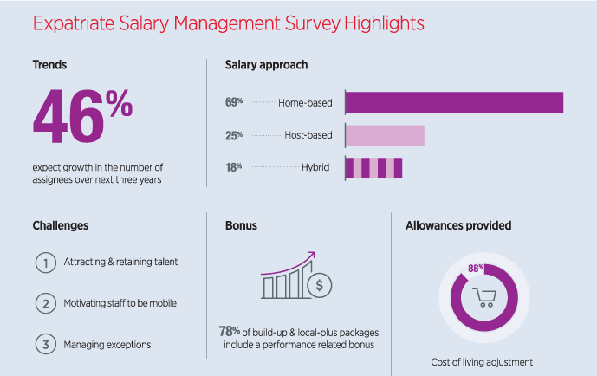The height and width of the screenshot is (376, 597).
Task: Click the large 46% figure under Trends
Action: coord(82,118)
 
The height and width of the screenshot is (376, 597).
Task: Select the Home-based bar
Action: coord(454,102)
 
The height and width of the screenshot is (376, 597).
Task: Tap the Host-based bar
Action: coord(385,135)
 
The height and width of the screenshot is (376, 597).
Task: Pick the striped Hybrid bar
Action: coord(373,167)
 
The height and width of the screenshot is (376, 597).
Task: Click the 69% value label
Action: coord(233,102)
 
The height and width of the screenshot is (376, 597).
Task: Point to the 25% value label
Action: coord(233,135)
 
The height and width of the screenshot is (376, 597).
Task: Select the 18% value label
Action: coord(233,167)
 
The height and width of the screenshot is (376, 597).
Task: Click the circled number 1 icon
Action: coord(44,263)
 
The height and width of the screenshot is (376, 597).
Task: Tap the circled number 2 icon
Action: coord(44,303)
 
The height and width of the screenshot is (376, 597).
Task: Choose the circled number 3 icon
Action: coord(44,344)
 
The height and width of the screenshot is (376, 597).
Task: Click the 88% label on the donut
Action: coord(476,269)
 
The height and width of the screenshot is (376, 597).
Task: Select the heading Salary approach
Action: coord(266,65)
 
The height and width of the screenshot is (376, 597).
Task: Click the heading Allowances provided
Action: coord(457,226)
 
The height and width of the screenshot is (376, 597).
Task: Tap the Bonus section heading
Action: coord(241,226)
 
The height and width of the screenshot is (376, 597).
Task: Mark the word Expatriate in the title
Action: coord(77,23)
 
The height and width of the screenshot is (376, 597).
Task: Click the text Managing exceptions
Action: coord(107,345)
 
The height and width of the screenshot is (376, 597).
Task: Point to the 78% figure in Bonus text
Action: coord(230,332)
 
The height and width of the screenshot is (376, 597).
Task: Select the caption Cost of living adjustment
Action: coord(481,362)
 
